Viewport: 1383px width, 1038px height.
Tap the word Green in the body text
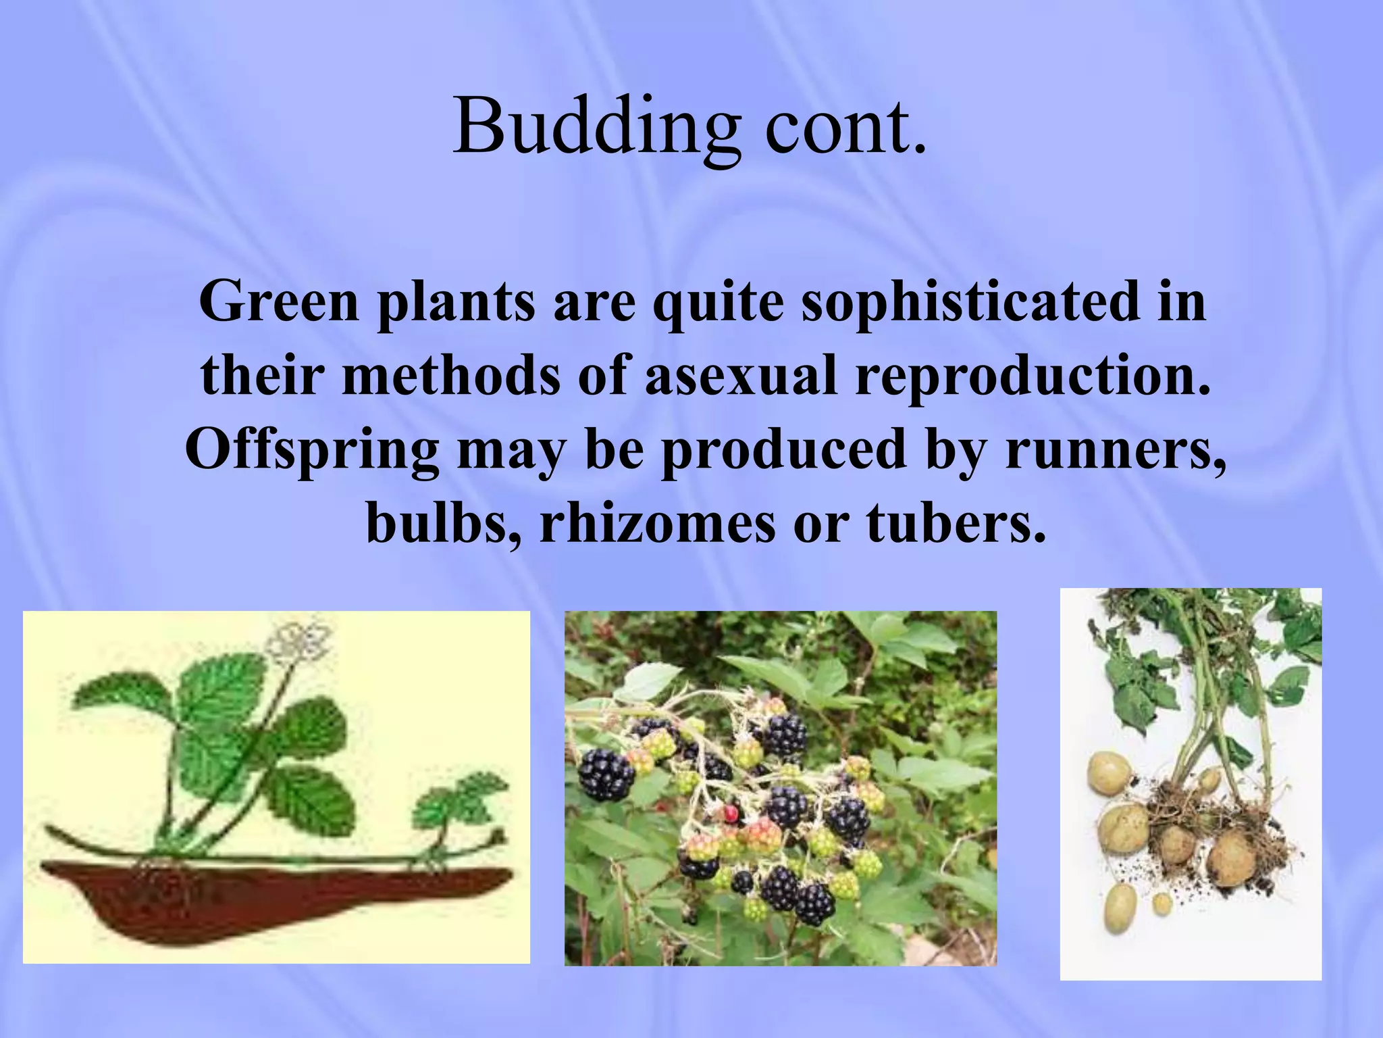[x=278, y=301]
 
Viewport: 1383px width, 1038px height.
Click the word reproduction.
[x=1033, y=376]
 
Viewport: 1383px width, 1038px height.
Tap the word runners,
[x=1115, y=450]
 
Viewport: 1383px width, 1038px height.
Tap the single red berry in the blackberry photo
[x=731, y=813]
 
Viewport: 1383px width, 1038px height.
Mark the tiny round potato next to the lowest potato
[x=1162, y=901]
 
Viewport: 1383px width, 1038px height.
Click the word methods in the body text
[x=452, y=376]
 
